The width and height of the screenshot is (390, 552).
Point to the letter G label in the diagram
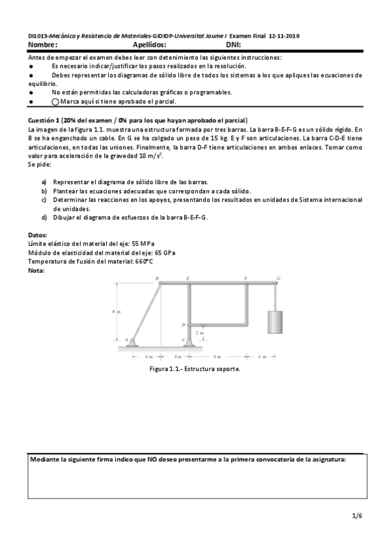279,278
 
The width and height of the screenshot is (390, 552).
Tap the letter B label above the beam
157,278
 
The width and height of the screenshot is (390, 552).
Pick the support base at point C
189,342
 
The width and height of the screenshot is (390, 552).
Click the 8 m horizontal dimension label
217,357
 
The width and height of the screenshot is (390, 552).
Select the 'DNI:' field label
234,45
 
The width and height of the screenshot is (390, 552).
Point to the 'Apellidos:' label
149,45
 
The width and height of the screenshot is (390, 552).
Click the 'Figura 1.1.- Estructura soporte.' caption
195,369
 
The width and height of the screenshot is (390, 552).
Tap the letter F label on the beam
245,278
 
